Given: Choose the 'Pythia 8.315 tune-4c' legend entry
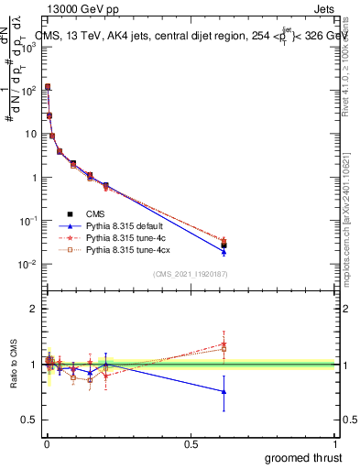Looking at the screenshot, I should (128, 236).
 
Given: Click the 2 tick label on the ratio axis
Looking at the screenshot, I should (34, 309).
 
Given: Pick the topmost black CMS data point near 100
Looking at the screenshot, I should (48, 87).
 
